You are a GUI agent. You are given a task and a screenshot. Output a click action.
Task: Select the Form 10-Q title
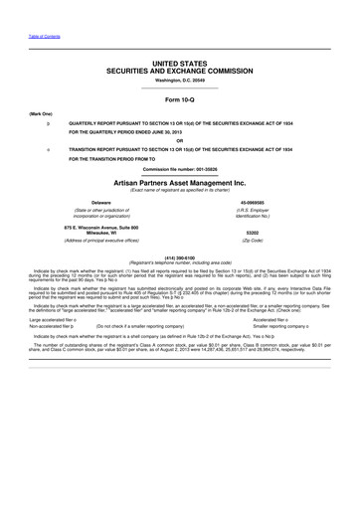click(179, 100)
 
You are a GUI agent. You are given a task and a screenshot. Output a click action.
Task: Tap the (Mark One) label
click(42, 114)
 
